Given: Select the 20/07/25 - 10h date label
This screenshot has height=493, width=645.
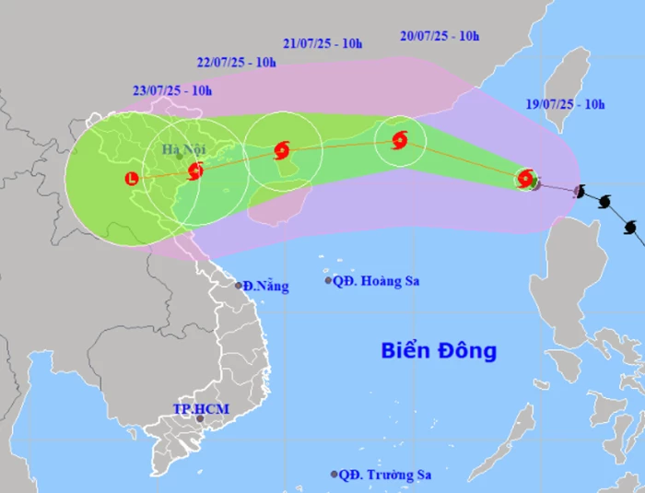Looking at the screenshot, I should [440, 36].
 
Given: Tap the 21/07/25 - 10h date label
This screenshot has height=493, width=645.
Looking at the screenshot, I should [322, 42].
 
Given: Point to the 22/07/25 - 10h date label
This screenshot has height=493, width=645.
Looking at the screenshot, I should [237, 62].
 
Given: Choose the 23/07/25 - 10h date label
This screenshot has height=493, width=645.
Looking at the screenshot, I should [172, 90].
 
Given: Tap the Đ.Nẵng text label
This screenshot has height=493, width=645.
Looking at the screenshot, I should [266, 287].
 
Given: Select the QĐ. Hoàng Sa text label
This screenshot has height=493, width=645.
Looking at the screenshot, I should [377, 280].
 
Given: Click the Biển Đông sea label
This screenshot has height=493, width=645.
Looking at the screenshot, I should [439, 351].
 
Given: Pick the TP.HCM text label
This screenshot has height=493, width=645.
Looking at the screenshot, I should [201, 408].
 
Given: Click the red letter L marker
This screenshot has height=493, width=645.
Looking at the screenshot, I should [132, 179].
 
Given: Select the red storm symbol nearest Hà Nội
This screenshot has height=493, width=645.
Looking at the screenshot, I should [195, 170].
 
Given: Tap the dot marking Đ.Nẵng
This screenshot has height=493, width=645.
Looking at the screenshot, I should [239, 286].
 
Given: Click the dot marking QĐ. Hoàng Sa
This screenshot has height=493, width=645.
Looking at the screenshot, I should [328, 280].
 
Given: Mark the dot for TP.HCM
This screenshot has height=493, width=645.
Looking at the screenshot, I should [198, 419].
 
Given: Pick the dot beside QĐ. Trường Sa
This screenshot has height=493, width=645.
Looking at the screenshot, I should [334, 475].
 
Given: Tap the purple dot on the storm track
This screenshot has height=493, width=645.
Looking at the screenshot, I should [579, 191].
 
